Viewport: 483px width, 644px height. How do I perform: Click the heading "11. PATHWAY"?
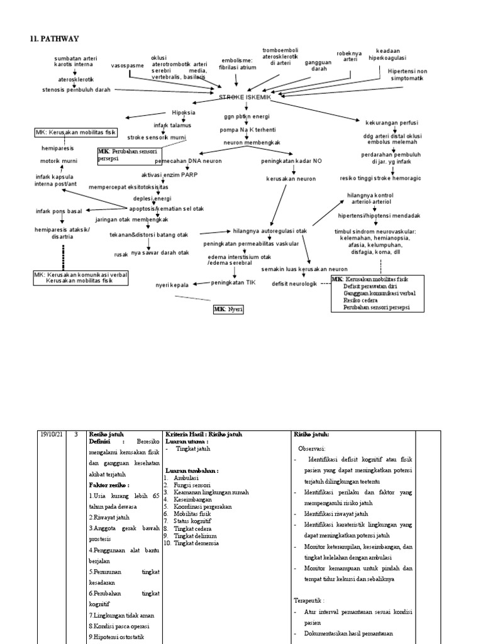[x=55, y=39]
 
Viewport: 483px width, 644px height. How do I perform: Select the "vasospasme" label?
[x=128, y=65]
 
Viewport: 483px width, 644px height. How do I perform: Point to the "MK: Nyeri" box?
[x=228, y=309]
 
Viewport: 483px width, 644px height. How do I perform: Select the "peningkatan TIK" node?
[x=234, y=283]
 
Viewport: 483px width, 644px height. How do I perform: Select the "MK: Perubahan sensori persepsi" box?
[x=128, y=155]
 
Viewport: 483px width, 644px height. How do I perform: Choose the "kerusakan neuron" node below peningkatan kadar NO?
[x=292, y=179]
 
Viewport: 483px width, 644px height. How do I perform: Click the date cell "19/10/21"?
[x=52, y=434]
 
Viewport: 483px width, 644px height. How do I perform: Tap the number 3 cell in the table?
[x=76, y=434]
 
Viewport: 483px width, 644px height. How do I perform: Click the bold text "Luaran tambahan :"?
[x=192, y=470]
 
